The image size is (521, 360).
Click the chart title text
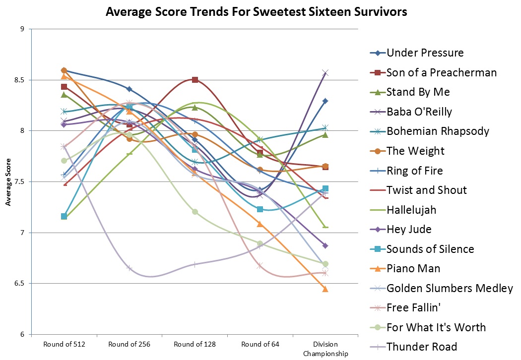[x=256, y=12]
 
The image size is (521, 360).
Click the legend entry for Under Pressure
[x=425, y=53]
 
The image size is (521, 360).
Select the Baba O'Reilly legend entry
[x=419, y=112]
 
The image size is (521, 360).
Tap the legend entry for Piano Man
[x=413, y=269]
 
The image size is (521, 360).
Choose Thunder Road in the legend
[x=422, y=347]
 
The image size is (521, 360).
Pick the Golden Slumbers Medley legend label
[x=450, y=288]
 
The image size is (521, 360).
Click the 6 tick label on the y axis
[x=23, y=335]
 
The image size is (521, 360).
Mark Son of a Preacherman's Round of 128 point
[x=195, y=80]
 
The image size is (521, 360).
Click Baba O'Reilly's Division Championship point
[x=326, y=73]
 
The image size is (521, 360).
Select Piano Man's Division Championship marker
[x=326, y=289]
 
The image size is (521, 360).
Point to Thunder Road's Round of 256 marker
[x=130, y=268]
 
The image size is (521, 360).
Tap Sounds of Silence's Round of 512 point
[x=64, y=216]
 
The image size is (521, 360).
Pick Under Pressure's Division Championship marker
[x=326, y=101]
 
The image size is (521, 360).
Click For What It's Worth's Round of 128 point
[x=195, y=212]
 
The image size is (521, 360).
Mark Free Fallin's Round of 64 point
[x=260, y=266]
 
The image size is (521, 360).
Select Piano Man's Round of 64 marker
[x=260, y=224]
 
